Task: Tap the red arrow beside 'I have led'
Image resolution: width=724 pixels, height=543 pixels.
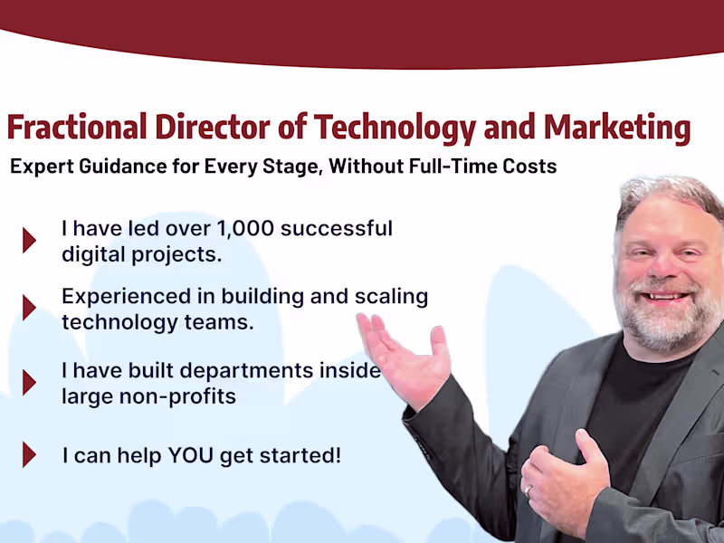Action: click(29, 240)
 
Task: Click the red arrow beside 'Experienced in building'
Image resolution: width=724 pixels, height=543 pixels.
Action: click(29, 308)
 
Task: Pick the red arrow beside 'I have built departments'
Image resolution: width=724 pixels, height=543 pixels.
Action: click(29, 382)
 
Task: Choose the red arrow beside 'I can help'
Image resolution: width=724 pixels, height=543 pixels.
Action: click(29, 454)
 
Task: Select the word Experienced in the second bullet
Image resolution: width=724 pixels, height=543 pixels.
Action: click(119, 296)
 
